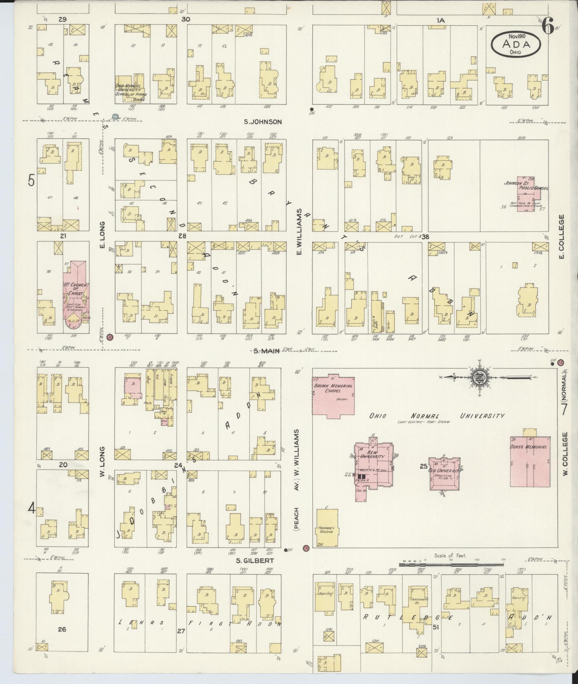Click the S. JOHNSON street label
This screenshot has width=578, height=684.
tap(263, 122)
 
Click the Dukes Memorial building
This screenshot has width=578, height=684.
tap(528, 461)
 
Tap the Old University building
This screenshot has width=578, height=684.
tap(444, 474)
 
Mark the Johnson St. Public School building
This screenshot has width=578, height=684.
tap(526, 194)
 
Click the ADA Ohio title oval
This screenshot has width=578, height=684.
tap(516, 44)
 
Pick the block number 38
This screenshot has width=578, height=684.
tap(425, 237)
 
